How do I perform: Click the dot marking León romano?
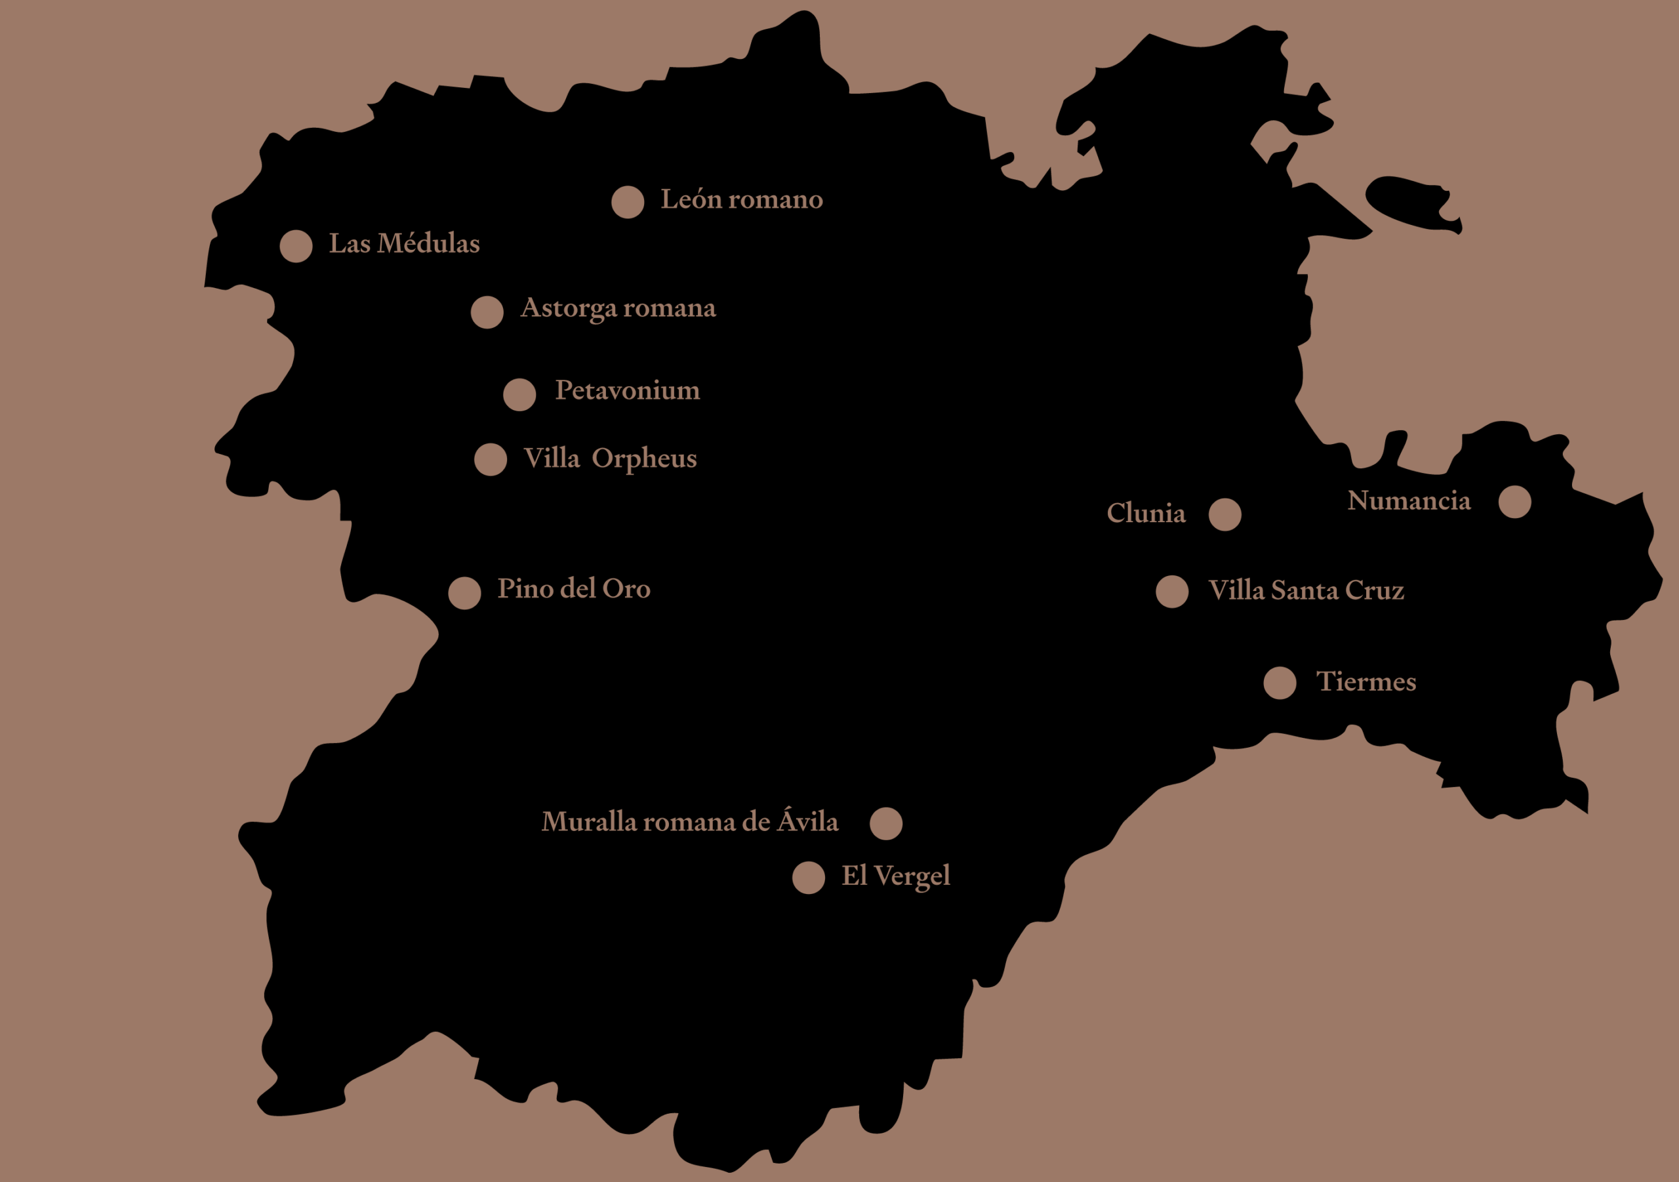click(x=628, y=202)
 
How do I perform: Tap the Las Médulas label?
click(x=405, y=243)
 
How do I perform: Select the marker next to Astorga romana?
click(x=487, y=312)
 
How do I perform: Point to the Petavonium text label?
click(x=628, y=390)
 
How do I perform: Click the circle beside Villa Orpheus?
click(x=491, y=459)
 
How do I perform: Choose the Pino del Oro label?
click(x=574, y=589)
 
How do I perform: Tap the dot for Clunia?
click(x=1225, y=514)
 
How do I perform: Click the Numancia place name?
click(x=1408, y=501)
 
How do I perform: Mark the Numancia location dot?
click(x=1514, y=502)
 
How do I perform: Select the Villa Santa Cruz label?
click(x=1306, y=590)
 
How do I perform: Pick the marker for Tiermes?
click(x=1280, y=683)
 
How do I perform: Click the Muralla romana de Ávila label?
click(x=689, y=822)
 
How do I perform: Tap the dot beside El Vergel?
click(x=809, y=878)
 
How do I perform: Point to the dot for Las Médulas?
click(x=296, y=246)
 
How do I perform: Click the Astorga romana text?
click(x=618, y=308)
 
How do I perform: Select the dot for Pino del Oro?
click(x=464, y=592)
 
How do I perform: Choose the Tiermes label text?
click(x=1366, y=682)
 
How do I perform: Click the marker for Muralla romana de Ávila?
click(x=886, y=824)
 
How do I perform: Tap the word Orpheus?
click(x=644, y=459)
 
